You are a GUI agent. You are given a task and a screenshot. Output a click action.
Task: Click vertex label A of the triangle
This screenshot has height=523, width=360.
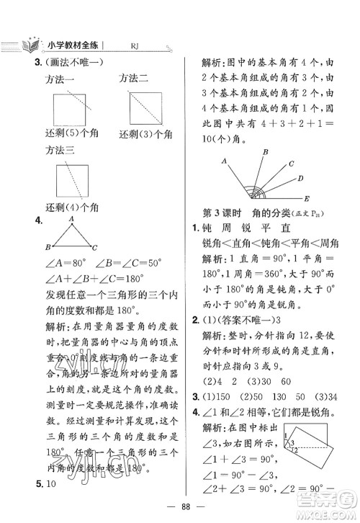[x=72, y=219]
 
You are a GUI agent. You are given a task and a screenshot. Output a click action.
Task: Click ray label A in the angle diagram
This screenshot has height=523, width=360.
[x=224, y=161]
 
